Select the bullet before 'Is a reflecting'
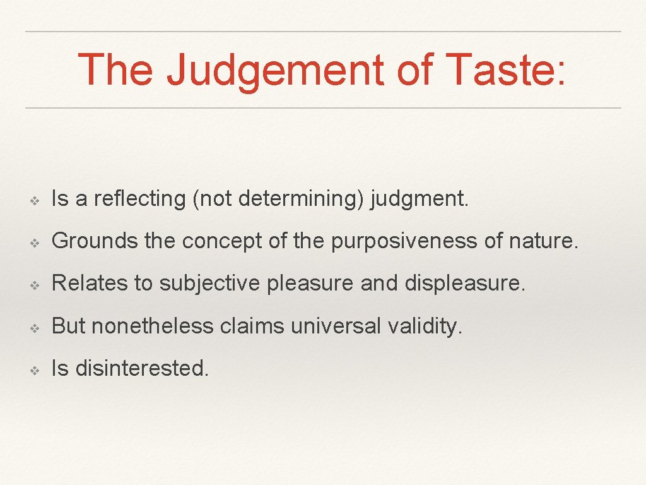[36, 200]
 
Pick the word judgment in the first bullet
[420, 199]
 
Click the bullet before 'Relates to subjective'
[36, 285]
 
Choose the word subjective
[209, 284]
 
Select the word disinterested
[141, 368]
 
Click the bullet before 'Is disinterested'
[36, 369]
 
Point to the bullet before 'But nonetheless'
[36, 327]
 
